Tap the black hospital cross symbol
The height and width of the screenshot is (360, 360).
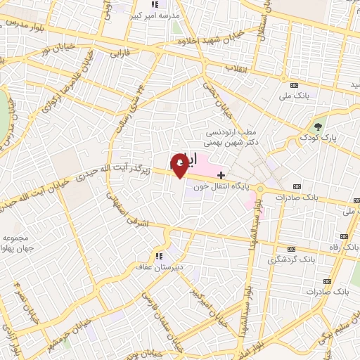point(221,174)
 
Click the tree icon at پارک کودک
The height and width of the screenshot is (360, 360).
point(319,127)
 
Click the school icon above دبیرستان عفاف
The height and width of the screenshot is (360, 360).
point(159,255)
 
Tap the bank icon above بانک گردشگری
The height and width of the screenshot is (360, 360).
point(292,249)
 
